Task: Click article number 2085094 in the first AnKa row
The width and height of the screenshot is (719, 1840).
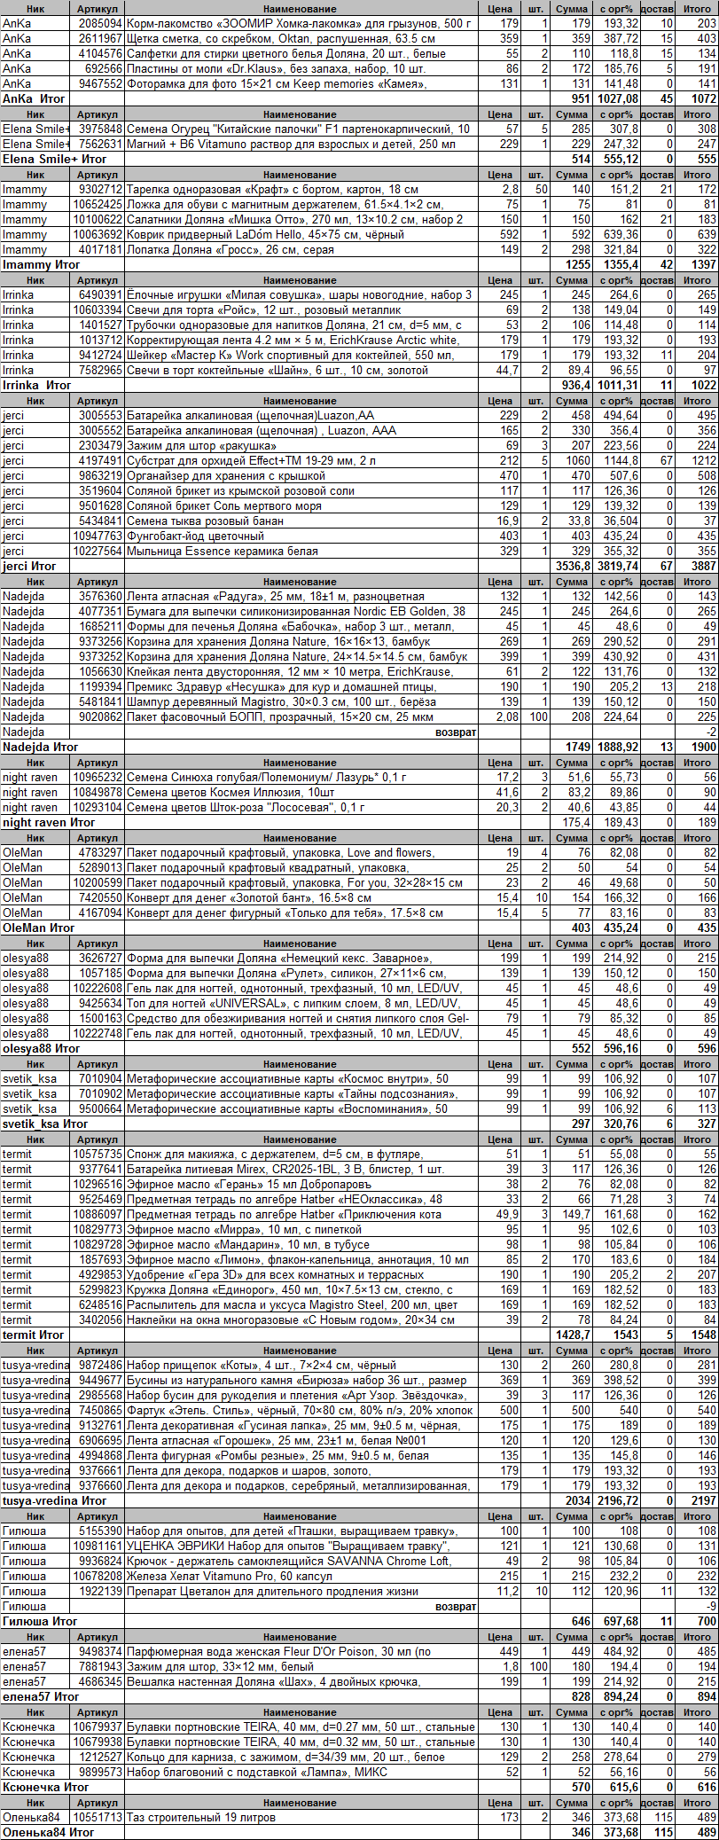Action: click(x=100, y=24)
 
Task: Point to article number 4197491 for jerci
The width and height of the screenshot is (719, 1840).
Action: click(x=100, y=461)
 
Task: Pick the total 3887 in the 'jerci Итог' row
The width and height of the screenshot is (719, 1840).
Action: click(x=703, y=567)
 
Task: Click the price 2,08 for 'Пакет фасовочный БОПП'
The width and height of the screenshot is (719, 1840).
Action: click(x=505, y=717)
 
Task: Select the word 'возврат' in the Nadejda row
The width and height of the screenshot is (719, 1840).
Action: click(x=455, y=732)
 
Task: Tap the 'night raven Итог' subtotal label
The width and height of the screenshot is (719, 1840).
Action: click(x=48, y=823)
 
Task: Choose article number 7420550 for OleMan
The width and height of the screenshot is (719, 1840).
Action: click(x=100, y=898)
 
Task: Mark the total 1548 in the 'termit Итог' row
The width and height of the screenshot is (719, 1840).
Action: click(x=703, y=1335)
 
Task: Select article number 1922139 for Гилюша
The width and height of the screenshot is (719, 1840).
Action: click(x=100, y=1592)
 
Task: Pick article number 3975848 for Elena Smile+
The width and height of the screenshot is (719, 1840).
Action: click(x=100, y=129)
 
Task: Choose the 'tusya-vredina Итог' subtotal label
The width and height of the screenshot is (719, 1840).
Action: click(x=54, y=1501)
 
